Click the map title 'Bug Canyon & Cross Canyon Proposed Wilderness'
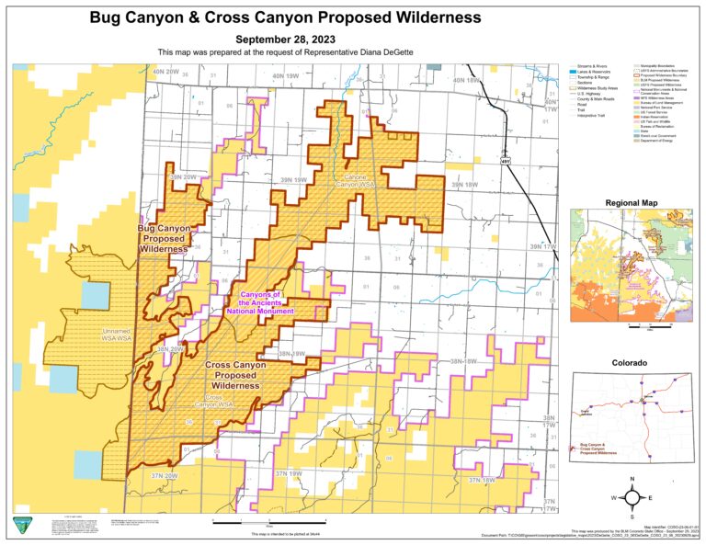285,17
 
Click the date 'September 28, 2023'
285,40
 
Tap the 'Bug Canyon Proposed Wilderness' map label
165,238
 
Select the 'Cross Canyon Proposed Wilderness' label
236,375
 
